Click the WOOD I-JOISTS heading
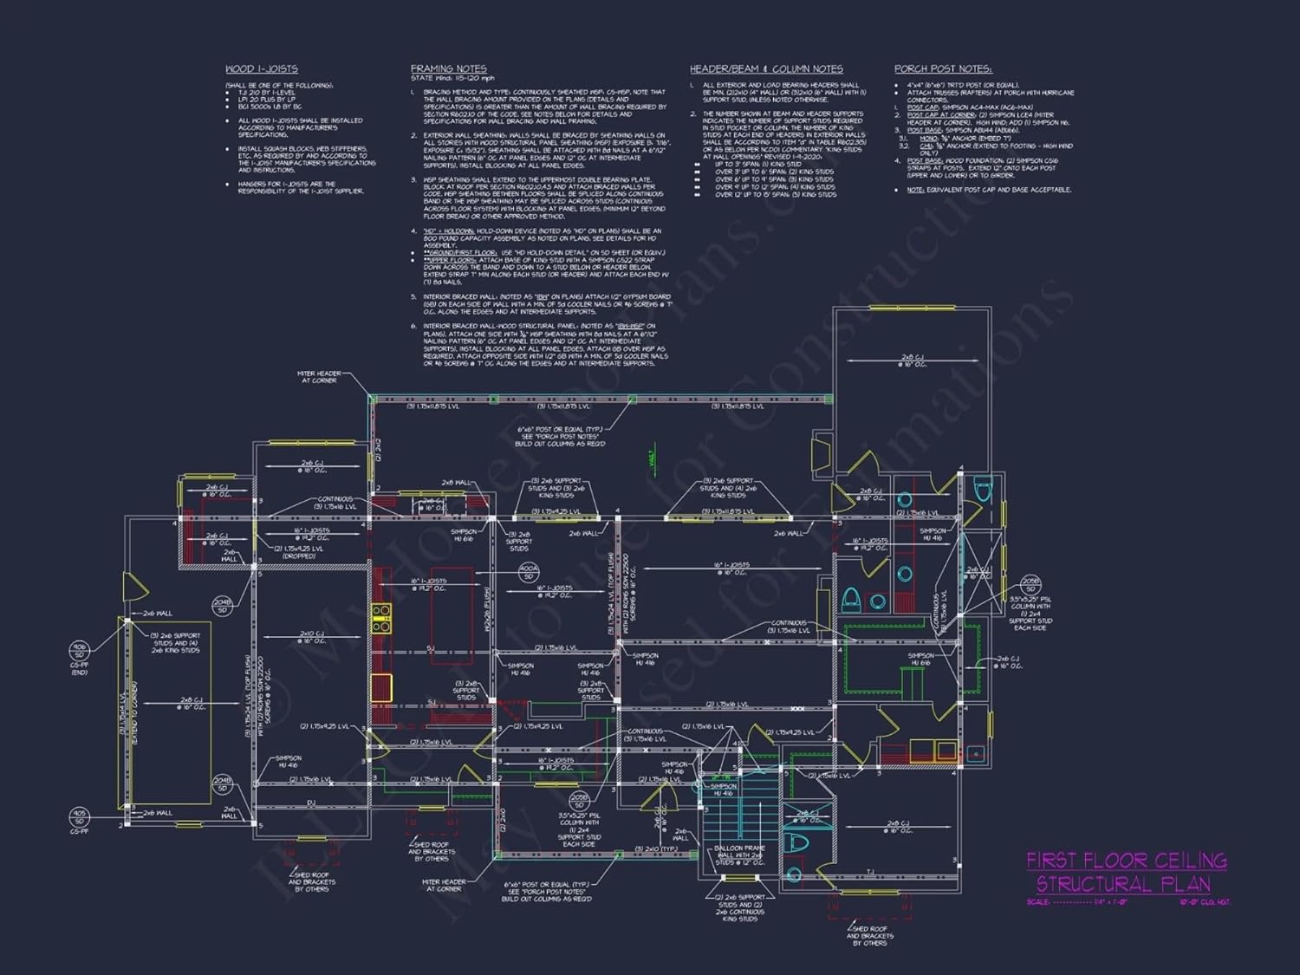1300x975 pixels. (261, 68)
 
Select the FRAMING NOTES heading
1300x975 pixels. (448, 68)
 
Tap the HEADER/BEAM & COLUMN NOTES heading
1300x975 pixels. (766, 68)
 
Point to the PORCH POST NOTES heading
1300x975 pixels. (943, 68)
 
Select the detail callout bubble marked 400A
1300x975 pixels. (529, 572)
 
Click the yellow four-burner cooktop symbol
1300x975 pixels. (381, 619)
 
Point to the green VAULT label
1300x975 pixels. (652, 458)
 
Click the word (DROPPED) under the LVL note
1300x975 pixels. (299, 556)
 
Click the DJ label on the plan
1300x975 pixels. (310, 803)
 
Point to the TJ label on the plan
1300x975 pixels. (870, 872)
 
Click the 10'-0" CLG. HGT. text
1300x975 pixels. (1204, 902)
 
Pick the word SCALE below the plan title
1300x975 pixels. (1037, 902)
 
